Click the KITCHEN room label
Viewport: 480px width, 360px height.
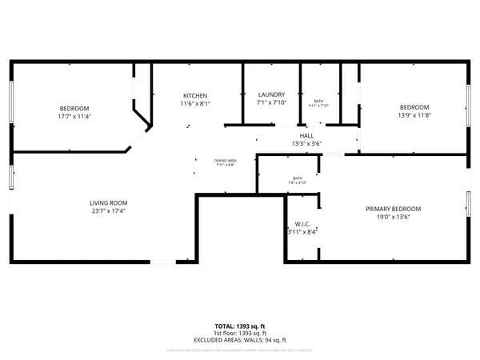(194, 95)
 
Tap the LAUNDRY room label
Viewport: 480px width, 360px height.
(271, 94)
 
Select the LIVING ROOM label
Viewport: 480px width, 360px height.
(108, 202)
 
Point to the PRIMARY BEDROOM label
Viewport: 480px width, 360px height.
(393, 209)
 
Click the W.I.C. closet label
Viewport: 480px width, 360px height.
(302, 224)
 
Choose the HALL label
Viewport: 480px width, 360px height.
(306, 136)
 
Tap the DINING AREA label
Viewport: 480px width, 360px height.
(225, 161)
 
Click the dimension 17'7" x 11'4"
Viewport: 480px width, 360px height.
(74, 116)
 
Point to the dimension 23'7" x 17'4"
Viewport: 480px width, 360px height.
(108, 211)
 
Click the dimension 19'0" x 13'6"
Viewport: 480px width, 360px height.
(393, 217)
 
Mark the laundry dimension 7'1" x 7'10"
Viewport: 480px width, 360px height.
(271, 102)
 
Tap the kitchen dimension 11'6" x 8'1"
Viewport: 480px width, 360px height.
(194, 103)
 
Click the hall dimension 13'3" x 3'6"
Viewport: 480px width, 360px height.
(306, 144)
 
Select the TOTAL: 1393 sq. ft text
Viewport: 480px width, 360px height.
(240, 326)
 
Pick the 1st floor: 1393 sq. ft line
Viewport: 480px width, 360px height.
(240, 333)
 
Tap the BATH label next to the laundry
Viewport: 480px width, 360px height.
(318, 101)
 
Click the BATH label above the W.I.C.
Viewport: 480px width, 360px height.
(298, 178)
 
